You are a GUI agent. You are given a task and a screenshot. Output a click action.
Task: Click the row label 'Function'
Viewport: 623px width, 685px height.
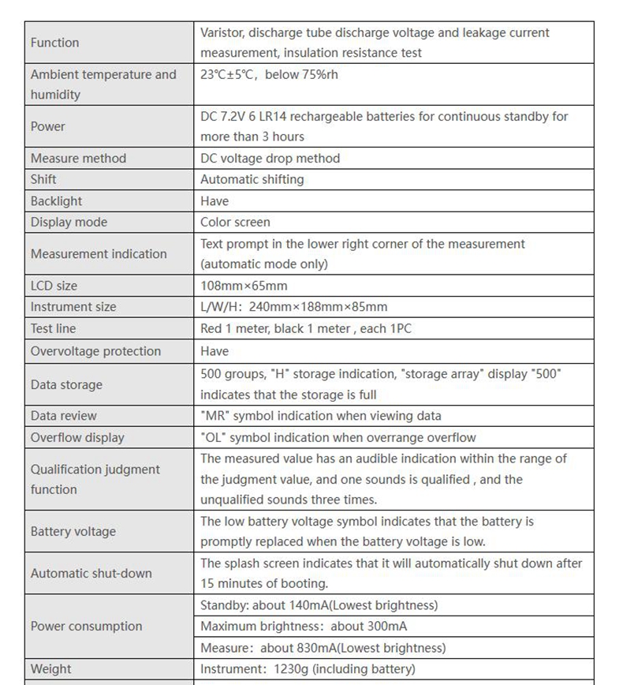click(54, 43)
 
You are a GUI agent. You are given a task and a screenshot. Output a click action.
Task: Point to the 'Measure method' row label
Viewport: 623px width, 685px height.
click(78, 159)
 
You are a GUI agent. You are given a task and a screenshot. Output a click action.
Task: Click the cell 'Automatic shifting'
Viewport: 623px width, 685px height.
click(252, 180)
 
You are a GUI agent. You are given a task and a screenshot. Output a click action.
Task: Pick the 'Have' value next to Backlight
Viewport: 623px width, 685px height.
click(215, 201)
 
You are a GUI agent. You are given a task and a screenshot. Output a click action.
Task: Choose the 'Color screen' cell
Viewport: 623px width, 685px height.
click(235, 223)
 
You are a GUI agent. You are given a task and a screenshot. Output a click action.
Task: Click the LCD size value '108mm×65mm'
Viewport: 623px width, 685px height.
click(244, 286)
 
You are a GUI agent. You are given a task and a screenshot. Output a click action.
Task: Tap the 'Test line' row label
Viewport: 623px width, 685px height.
click(54, 328)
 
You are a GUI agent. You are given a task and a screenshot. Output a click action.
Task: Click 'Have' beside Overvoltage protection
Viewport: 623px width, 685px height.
click(215, 351)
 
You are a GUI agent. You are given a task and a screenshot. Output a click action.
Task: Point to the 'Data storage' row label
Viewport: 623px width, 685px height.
click(66, 385)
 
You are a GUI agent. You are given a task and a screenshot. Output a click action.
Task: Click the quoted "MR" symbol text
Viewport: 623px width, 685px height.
click(215, 416)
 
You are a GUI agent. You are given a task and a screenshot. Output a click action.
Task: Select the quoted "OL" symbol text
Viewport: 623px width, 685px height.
click(215, 438)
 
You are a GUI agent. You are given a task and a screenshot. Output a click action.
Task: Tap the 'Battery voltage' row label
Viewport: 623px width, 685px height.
click(73, 532)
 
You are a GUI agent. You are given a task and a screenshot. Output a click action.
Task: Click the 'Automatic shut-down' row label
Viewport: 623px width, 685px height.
click(91, 574)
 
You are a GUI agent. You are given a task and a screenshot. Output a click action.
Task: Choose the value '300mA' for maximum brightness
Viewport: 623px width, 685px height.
click(386, 627)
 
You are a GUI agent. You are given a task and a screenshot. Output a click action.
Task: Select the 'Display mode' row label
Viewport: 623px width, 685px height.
click(69, 223)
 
